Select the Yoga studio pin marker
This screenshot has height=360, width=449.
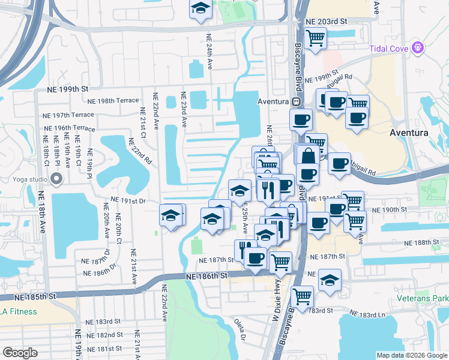[x=58, y=179]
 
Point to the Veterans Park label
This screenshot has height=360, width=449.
[x=423, y=298]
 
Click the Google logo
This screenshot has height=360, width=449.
[x=20, y=352]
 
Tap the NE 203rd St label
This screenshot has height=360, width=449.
[x=327, y=21]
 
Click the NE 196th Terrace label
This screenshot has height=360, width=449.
[x=69, y=128]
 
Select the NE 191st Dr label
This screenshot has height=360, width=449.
[x=128, y=202]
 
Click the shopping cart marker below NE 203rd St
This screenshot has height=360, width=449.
[x=315, y=38]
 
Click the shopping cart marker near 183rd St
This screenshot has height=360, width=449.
[x=301, y=295]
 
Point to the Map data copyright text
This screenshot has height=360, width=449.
[x=412, y=355]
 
